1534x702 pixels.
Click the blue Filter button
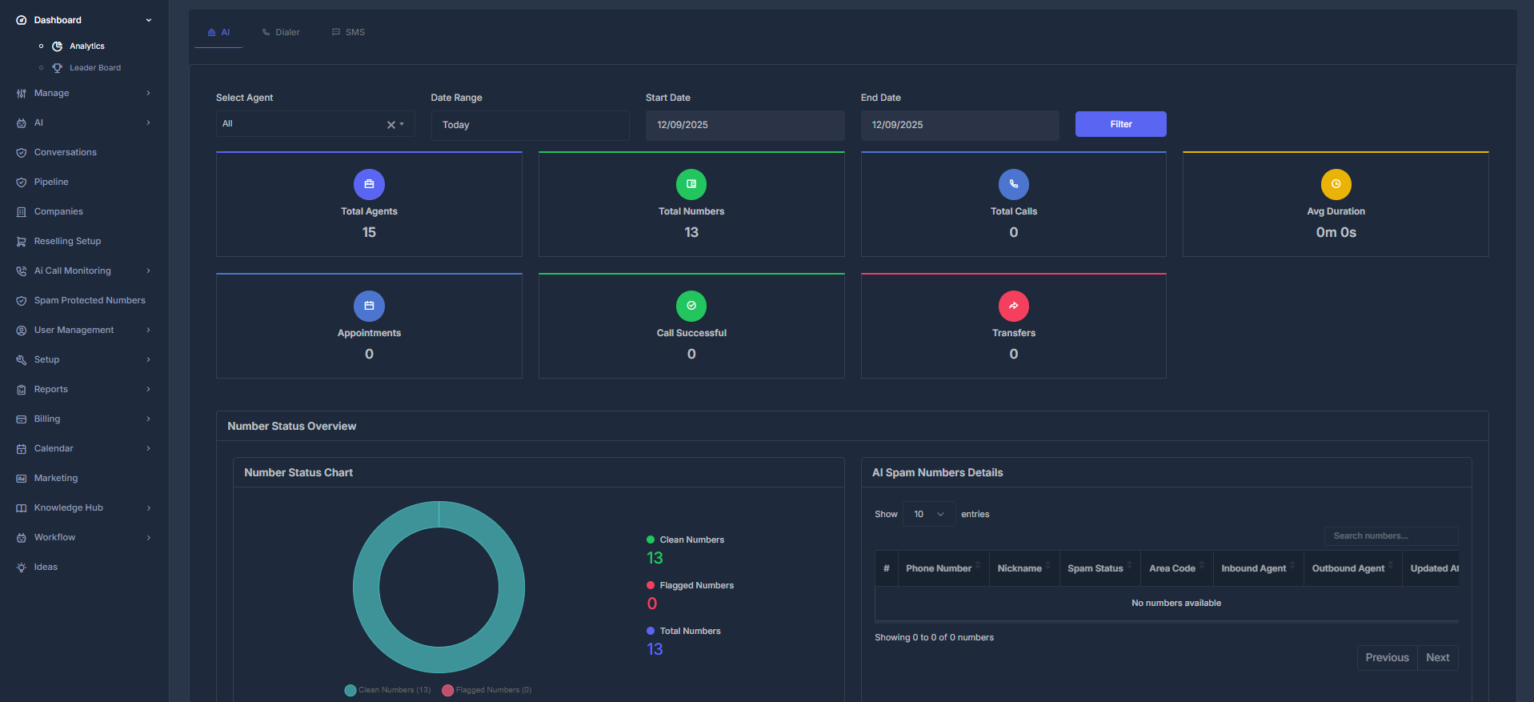(x=1120, y=124)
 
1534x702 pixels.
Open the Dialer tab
(x=281, y=33)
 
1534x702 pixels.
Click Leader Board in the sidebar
(x=94, y=68)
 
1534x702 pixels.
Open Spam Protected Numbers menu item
(x=90, y=300)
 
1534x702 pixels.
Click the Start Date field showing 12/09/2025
(x=744, y=125)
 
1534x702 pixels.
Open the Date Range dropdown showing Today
(x=530, y=125)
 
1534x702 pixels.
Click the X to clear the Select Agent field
(x=391, y=125)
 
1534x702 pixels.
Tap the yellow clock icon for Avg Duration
(x=1336, y=184)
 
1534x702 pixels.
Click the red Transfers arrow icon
(x=1013, y=306)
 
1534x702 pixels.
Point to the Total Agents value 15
(x=369, y=232)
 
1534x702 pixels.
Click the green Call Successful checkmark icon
(x=691, y=306)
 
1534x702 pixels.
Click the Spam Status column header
(x=1095, y=568)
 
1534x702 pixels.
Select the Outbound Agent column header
(x=1348, y=568)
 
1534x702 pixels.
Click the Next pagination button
(x=1437, y=658)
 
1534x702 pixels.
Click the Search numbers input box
(x=1390, y=536)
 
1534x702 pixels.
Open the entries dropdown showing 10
(x=928, y=514)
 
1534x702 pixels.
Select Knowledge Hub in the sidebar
(x=69, y=507)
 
